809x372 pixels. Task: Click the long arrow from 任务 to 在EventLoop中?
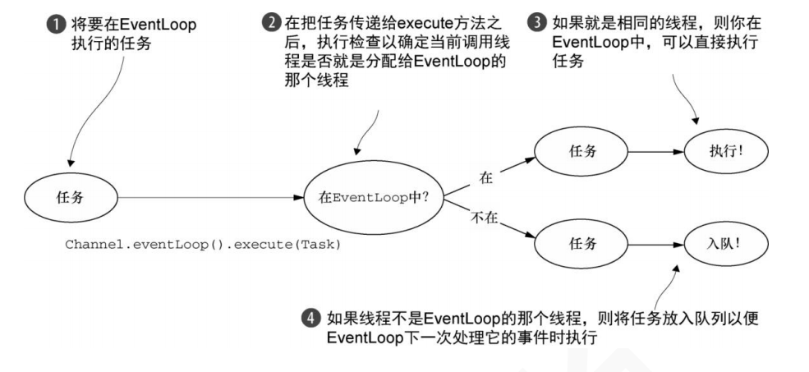205,197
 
